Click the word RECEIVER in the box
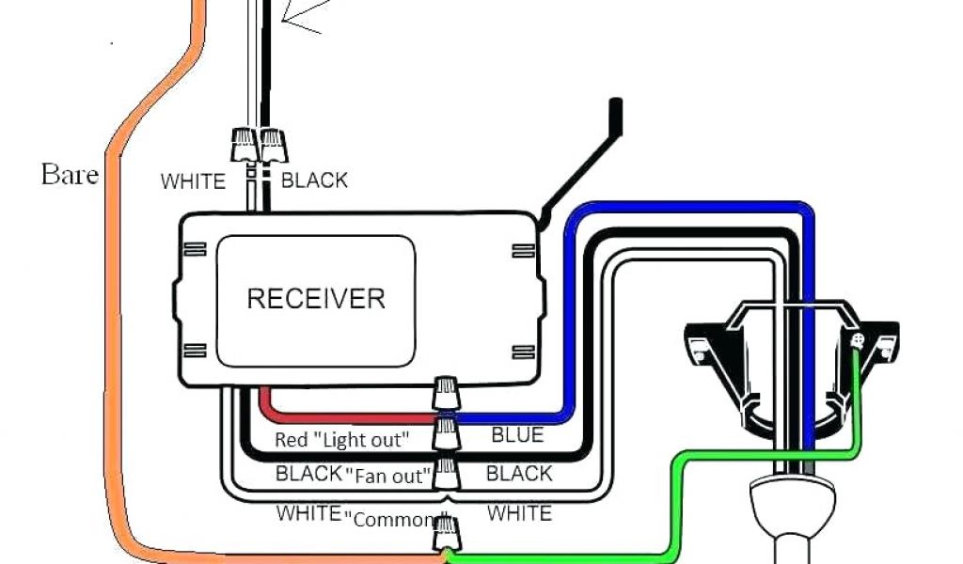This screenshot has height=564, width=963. click(x=316, y=299)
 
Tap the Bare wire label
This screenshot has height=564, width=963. click(x=70, y=174)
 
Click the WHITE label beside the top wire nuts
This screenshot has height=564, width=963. click(x=193, y=181)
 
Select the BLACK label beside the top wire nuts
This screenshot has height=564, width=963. click(x=314, y=180)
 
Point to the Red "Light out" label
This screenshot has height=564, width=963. click(x=341, y=439)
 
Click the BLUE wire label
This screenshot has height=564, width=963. click(x=517, y=435)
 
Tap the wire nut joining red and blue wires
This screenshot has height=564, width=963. click(x=446, y=394)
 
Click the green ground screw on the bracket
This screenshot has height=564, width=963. click(x=857, y=341)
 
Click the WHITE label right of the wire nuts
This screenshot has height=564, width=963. click(x=519, y=512)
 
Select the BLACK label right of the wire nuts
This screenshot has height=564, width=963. click(x=518, y=473)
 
